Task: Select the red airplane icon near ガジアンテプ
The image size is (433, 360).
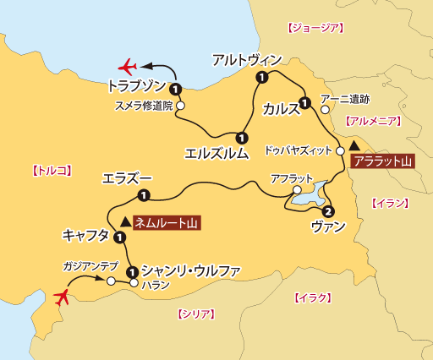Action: pos(61,297)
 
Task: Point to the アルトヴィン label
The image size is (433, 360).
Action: pos(245,59)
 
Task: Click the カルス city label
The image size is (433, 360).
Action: pos(281,109)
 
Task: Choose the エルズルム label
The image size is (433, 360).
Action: pos(216,153)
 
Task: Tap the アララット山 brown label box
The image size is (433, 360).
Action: pos(381,161)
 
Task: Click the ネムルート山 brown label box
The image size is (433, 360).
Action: pos(167,223)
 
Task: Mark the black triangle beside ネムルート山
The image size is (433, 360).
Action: pos(126,222)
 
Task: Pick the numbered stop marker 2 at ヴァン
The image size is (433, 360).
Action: pos(328,211)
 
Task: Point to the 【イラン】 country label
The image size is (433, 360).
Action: pos(389,202)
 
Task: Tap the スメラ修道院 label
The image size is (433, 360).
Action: pos(143,106)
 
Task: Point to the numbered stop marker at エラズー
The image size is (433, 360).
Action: pos(143,196)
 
